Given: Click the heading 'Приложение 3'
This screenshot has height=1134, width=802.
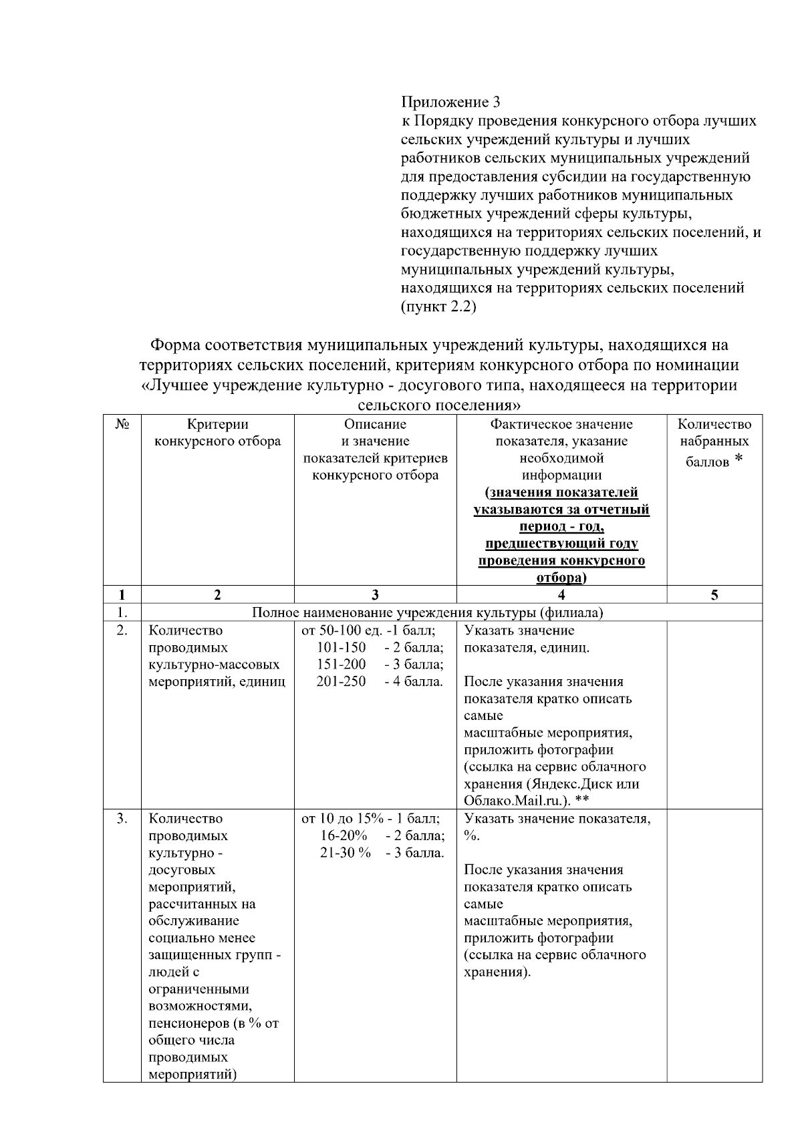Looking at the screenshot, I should tap(450, 102).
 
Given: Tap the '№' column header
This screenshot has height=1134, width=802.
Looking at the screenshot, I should tap(122, 425).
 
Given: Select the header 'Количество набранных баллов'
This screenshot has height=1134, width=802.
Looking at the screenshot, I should tap(714, 442).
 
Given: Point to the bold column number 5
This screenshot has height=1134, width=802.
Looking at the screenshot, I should tap(714, 595).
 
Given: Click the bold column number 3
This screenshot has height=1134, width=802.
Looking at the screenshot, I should tap(375, 595).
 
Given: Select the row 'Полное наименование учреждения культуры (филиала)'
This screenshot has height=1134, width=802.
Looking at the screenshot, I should tap(426, 613).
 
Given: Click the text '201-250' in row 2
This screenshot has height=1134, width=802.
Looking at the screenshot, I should tap(341, 682).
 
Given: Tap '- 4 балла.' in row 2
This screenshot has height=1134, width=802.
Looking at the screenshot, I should tap(414, 682).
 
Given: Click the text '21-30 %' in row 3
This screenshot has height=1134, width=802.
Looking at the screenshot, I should tap(345, 853).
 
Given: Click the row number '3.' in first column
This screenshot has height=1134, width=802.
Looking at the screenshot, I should tap(122, 819).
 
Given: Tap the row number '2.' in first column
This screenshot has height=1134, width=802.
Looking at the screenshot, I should tap(122, 630).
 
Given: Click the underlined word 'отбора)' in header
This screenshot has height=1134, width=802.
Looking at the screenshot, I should tap(561, 578).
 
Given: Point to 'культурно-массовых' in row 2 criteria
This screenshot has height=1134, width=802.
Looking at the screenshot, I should tap(214, 665).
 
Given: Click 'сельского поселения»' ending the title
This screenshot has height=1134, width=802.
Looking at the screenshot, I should tap(439, 405).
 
